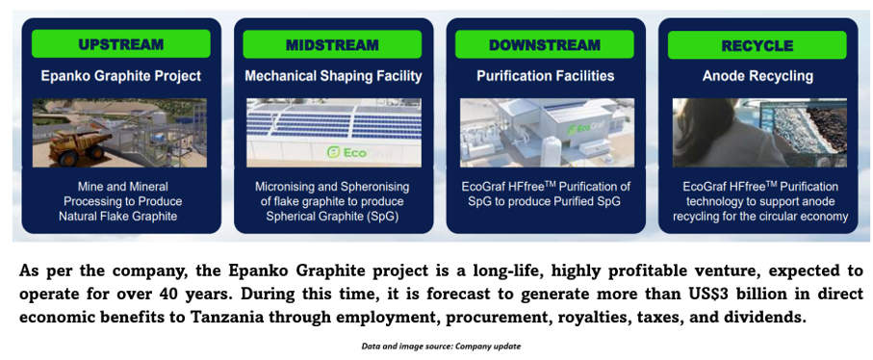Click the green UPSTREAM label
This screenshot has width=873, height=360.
(x=121, y=44)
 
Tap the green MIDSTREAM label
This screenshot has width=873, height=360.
(x=332, y=44)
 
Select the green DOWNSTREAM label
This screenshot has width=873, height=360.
(x=545, y=44)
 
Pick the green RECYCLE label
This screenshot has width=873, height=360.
(x=757, y=45)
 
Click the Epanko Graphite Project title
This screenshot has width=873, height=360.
(x=121, y=76)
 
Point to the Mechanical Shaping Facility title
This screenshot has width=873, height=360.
(x=333, y=76)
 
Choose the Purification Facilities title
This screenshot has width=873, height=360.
(x=546, y=76)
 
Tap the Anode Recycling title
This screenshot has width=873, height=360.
(x=757, y=76)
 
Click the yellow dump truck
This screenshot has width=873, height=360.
(x=76, y=145)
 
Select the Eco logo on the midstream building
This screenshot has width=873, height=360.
(x=347, y=152)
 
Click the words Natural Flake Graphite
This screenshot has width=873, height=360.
(x=118, y=217)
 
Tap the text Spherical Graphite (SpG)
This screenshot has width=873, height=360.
(x=332, y=217)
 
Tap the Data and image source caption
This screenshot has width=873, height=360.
(x=441, y=347)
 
